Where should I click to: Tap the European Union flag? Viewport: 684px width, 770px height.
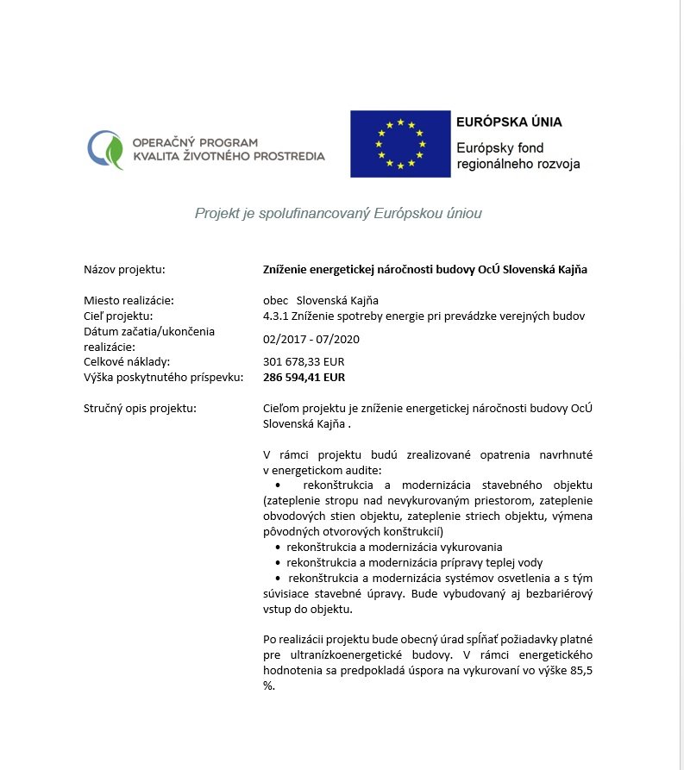tap(399, 144)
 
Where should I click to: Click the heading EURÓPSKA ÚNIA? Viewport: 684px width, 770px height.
tap(509, 122)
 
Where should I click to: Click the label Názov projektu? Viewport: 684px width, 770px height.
tap(124, 270)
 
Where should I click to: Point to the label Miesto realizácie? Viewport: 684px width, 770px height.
tap(129, 300)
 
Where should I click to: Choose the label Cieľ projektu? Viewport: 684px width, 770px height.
tap(117, 316)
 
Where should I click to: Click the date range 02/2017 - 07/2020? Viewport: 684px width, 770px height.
tap(311, 339)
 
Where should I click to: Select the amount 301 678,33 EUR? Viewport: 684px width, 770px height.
tap(303, 361)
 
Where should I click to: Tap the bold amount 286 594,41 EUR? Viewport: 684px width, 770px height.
tap(304, 377)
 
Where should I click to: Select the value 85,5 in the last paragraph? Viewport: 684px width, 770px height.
tap(580, 671)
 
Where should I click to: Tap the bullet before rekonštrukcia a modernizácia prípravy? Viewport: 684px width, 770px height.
tap(277, 562)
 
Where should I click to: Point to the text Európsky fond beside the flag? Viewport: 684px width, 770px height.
tap(499, 147)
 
